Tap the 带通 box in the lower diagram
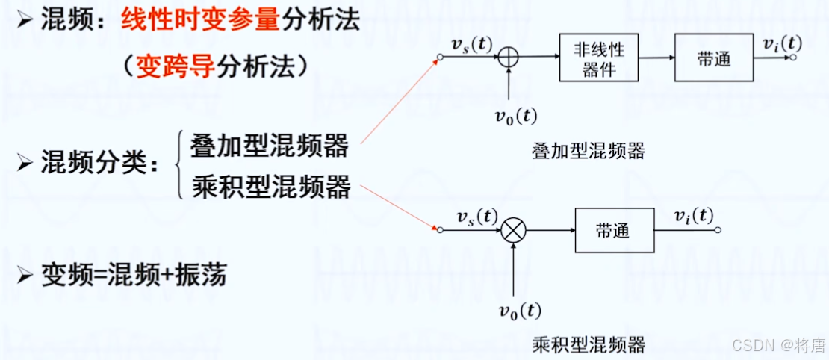612,231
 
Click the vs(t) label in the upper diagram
472,43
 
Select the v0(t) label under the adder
516,117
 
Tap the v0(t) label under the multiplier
521,310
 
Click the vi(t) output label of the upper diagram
782,43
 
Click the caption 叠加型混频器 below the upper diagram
589,152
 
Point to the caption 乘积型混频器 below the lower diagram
589,344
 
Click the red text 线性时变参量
200,19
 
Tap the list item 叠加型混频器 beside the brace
270,146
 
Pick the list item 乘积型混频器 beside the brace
270,186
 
